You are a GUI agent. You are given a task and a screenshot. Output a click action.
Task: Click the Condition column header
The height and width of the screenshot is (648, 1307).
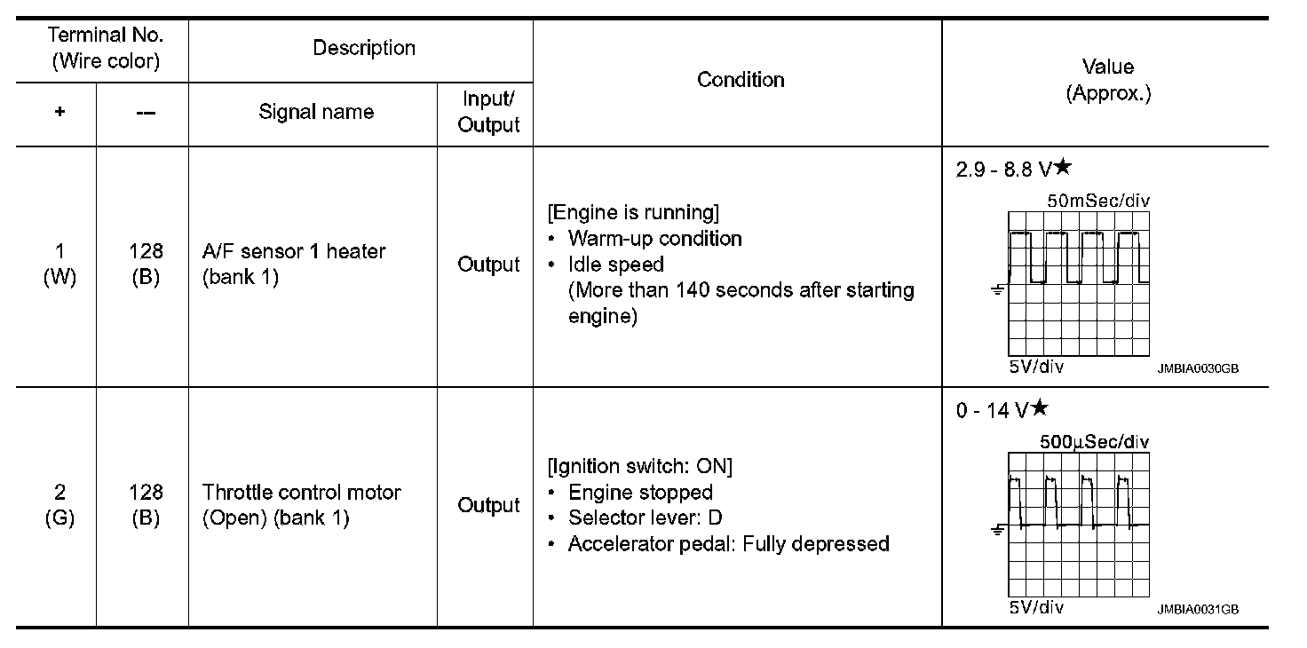tap(741, 80)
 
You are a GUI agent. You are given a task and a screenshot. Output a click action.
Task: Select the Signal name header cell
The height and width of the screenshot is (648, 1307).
tap(316, 112)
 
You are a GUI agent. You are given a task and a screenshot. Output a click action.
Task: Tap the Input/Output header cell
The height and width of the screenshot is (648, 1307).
tap(488, 113)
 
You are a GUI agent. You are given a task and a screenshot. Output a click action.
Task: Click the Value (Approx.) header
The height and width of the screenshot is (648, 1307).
tap(1107, 80)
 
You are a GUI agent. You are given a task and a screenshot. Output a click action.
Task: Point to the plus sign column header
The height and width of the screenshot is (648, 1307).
tap(59, 113)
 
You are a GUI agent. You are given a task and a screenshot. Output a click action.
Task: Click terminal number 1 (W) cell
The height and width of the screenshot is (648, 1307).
tap(59, 264)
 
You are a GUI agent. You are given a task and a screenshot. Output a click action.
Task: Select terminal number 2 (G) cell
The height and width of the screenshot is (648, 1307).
tap(59, 504)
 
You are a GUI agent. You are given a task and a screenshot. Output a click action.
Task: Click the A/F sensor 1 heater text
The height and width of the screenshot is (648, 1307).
tap(294, 251)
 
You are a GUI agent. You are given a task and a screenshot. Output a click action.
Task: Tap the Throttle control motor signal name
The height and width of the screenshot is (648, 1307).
tap(302, 492)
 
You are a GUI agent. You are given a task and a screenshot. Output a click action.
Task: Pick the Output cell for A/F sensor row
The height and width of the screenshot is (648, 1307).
tap(488, 265)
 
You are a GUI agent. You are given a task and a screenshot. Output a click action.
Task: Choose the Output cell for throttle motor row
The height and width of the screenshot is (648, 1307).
tap(488, 505)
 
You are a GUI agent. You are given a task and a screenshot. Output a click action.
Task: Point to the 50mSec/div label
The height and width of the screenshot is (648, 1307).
tap(1097, 202)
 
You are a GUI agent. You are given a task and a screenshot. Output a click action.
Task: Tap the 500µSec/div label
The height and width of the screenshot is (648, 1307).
tap(1094, 442)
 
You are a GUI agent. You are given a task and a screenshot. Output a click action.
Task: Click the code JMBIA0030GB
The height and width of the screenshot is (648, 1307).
tap(1197, 368)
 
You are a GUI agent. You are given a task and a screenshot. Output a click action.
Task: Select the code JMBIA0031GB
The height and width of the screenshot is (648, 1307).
tap(1197, 609)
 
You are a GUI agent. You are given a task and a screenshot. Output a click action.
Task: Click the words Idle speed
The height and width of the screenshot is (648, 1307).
tap(616, 265)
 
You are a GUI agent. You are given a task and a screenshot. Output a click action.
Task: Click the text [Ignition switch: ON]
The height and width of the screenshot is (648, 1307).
tap(642, 467)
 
